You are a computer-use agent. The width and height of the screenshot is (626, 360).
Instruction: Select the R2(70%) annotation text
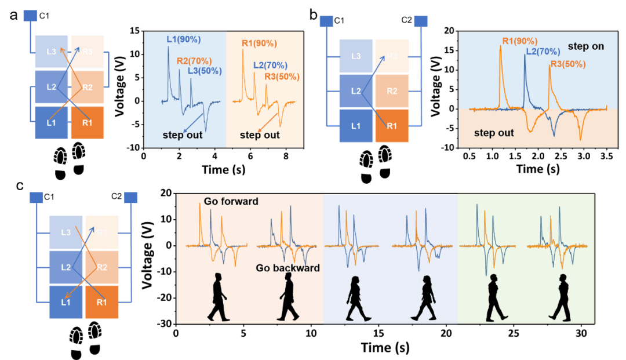pyautogui.click(x=194, y=61)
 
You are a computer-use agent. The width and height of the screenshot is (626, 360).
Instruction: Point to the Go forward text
pyautogui.click(x=231, y=201)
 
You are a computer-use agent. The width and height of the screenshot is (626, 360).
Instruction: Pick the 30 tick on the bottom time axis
pyautogui.click(x=580, y=334)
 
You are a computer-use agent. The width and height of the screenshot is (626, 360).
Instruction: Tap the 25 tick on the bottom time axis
pyautogui.click(x=513, y=334)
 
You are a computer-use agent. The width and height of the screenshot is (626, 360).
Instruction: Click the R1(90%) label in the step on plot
pyautogui.click(x=520, y=41)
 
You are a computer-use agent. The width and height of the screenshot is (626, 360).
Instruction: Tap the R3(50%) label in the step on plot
pyautogui.click(x=568, y=64)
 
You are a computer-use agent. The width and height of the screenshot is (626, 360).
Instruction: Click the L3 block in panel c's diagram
pyautogui.click(x=67, y=232)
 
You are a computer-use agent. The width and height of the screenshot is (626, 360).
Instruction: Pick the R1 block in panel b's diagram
pyautogui.click(x=392, y=125)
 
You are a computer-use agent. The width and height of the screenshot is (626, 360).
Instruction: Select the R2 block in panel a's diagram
pyautogui.click(x=87, y=88)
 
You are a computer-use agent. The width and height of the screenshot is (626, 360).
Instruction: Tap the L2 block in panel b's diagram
pyautogui.click(x=356, y=91)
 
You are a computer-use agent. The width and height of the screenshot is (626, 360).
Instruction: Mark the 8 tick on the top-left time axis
pyautogui.click(x=286, y=157)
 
